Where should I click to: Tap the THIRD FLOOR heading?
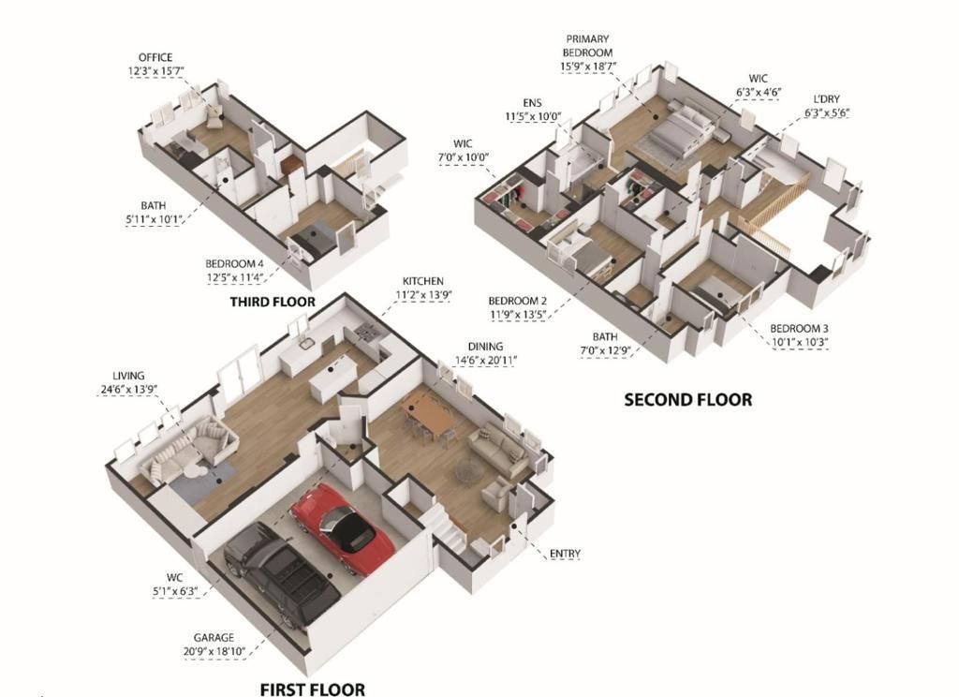(x=273, y=303)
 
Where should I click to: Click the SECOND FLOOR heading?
(x=687, y=400)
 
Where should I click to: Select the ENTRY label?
(x=565, y=554)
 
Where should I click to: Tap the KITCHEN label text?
(x=422, y=281)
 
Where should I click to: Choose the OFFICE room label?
(x=155, y=57)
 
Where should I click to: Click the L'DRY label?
(x=827, y=99)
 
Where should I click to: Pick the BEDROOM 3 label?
(x=799, y=329)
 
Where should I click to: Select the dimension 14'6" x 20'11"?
(x=486, y=360)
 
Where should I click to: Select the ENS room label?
(x=533, y=103)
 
